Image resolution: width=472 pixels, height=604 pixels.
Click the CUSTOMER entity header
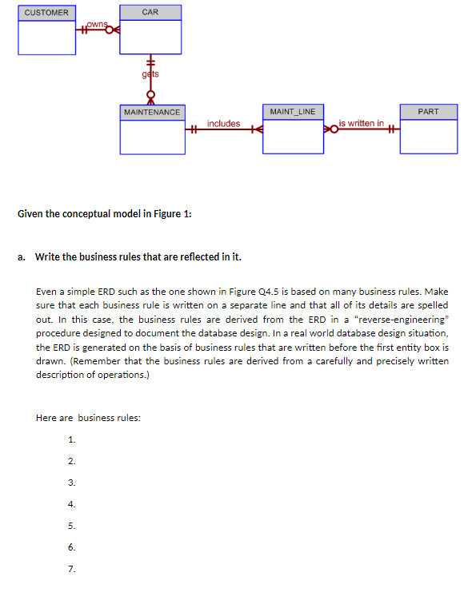point(46,13)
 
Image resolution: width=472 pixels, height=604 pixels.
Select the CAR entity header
point(150,12)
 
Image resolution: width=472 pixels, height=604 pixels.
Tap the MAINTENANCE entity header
point(152,112)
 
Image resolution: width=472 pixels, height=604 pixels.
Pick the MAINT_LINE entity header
point(293,111)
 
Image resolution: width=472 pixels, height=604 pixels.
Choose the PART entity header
point(428,111)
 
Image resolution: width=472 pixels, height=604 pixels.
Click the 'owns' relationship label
point(97,25)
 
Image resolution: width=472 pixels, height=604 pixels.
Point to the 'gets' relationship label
point(150,74)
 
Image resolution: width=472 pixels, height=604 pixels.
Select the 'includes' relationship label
point(223,123)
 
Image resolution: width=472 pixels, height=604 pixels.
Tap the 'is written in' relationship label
point(362,123)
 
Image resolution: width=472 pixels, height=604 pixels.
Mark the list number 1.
point(72,439)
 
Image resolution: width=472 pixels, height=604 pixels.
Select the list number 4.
point(72,504)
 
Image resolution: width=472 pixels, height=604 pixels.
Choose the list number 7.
point(72,569)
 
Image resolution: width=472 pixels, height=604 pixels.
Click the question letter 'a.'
point(22,256)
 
